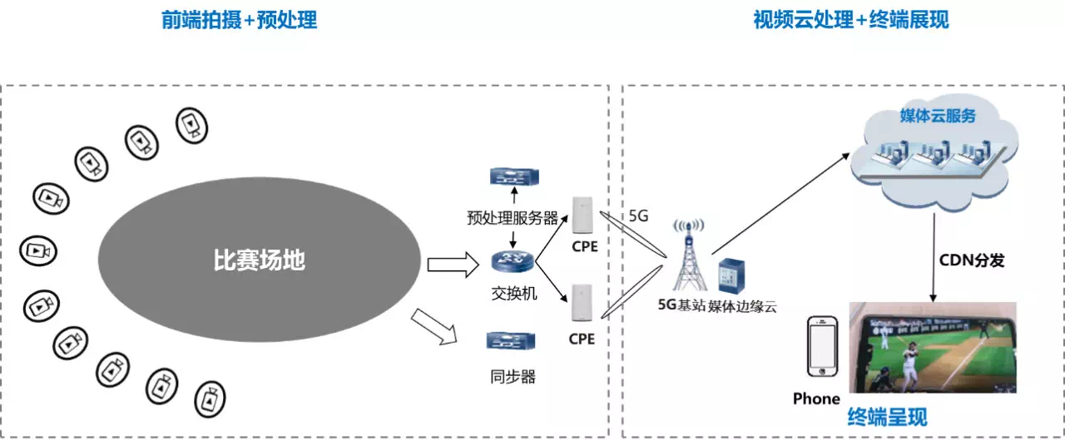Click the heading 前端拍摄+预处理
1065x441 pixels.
(x=240, y=21)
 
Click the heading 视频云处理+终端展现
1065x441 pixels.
(x=850, y=21)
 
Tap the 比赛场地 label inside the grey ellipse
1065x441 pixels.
(x=259, y=261)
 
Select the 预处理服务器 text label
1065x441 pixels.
(x=513, y=219)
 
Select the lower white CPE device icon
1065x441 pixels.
(x=582, y=305)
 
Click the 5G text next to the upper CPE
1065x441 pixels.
(x=638, y=216)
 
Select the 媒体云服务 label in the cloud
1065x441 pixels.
(x=938, y=116)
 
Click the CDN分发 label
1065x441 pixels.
(x=972, y=260)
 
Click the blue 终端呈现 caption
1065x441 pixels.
(x=886, y=416)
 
